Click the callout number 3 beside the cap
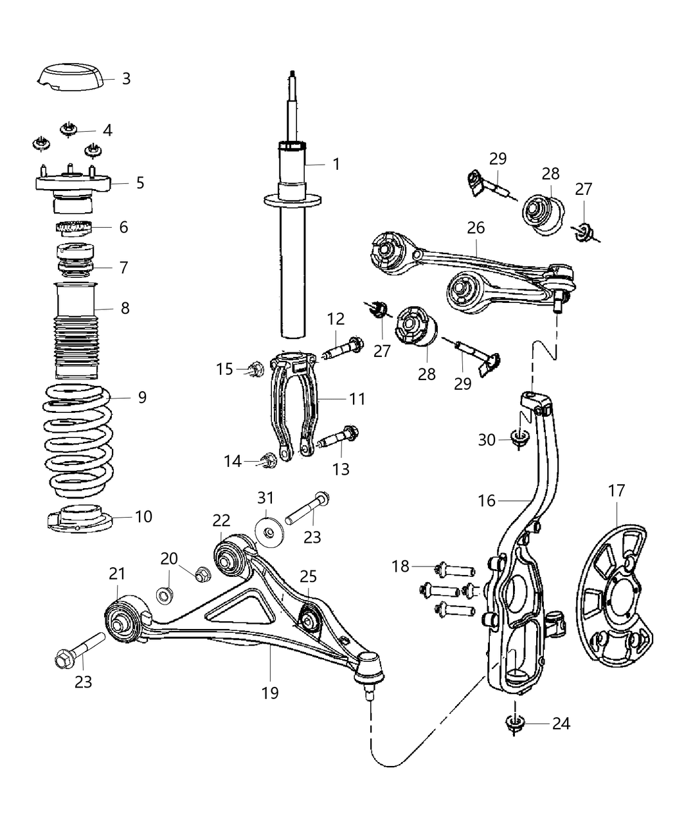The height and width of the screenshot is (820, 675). [x=126, y=78]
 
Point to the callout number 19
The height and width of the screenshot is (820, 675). [x=270, y=693]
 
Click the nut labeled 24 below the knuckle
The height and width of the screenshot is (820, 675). [x=513, y=724]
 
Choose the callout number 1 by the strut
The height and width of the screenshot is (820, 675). [x=336, y=164]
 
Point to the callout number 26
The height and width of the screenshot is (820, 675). [x=476, y=228]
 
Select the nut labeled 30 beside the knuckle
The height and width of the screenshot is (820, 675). [x=517, y=439]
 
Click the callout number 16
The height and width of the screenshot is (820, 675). [x=487, y=500]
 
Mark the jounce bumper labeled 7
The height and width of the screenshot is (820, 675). [x=76, y=264]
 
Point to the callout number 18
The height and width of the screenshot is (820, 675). [x=401, y=566]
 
